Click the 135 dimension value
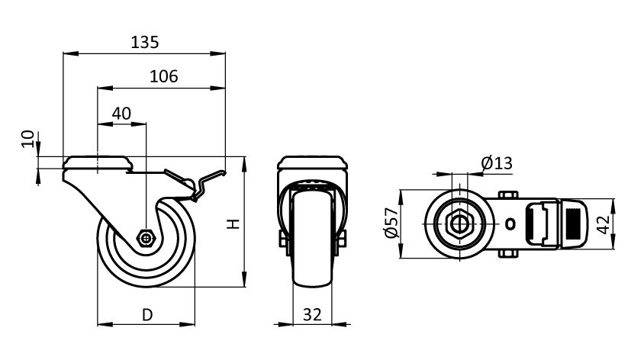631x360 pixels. click(x=145, y=42)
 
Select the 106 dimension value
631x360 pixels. click(x=164, y=76)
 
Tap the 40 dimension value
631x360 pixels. click(x=121, y=114)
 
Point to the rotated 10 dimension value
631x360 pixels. click(x=27, y=139)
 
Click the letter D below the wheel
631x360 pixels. click(x=148, y=315)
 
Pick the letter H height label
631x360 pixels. click(x=233, y=224)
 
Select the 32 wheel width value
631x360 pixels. click(x=312, y=315)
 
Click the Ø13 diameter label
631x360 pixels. click(x=497, y=163)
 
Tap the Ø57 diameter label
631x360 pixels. click(x=391, y=223)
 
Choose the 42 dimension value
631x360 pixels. click(x=603, y=224)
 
